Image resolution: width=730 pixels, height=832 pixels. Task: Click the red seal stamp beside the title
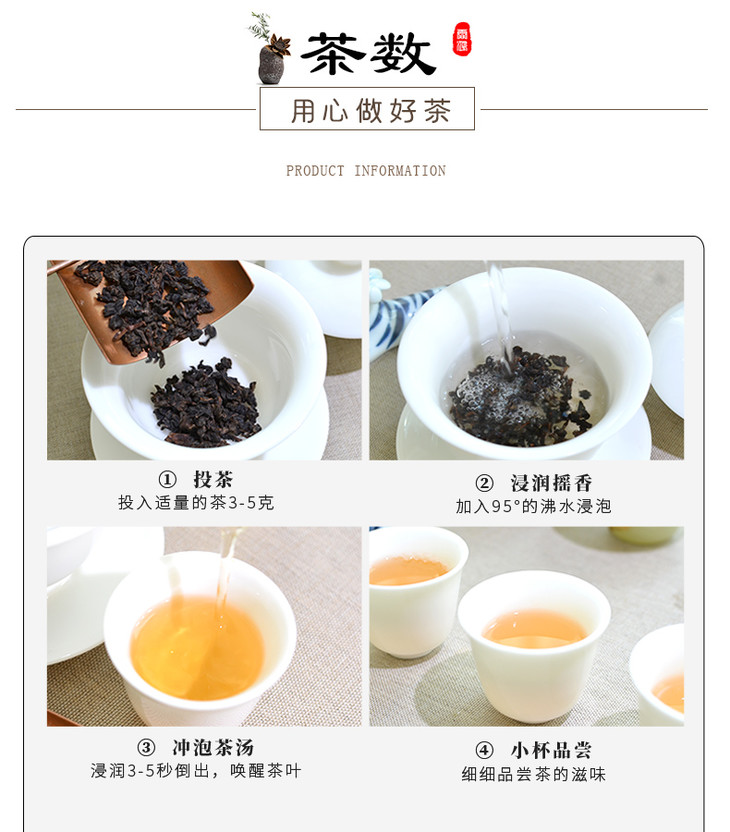pyautogui.click(x=462, y=38)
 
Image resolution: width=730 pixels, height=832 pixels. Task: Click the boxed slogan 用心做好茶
pyautogui.click(x=367, y=109)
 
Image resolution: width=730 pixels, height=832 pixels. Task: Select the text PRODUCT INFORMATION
pyautogui.click(x=366, y=171)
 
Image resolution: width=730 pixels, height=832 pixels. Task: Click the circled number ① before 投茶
pyautogui.click(x=167, y=480)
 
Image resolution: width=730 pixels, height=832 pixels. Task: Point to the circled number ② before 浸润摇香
pyautogui.click(x=484, y=483)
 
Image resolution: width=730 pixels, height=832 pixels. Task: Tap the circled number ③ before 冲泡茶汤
pyautogui.click(x=146, y=748)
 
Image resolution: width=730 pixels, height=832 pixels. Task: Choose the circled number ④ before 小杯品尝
pyautogui.click(x=484, y=751)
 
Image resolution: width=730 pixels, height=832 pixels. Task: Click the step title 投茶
pyautogui.click(x=213, y=479)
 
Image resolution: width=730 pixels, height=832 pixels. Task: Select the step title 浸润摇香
pyautogui.click(x=551, y=483)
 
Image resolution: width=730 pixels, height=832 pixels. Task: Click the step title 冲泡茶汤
pyautogui.click(x=213, y=748)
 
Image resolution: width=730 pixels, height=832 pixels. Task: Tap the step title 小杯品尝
pyautogui.click(x=551, y=750)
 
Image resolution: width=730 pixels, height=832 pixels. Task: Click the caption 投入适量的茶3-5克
pyautogui.click(x=196, y=502)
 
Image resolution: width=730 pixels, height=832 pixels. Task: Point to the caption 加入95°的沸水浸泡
pyautogui.click(x=534, y=506)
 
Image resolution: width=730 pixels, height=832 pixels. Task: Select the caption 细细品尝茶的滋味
pyautogui.click(x=534, y=774)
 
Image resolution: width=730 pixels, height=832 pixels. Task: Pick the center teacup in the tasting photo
pyautogui.click(x=534, y=646)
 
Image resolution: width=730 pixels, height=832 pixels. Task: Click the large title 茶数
pyautogui.click(x=368, y=54)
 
